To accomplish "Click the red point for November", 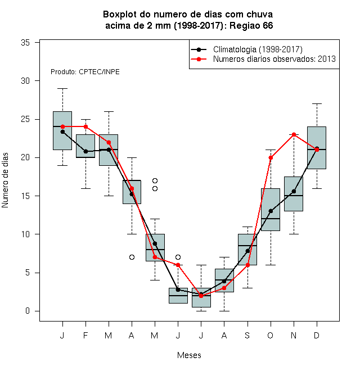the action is coord(294,135).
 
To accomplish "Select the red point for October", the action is coord(271,157).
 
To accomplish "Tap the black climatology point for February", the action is coord(85,151).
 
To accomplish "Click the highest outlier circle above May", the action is coord(155,181).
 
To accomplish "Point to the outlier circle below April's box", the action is coord(132,257).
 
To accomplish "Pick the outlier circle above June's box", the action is coord(178,257).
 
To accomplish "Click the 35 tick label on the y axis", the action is coord(25,43).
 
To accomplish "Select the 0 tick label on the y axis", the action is coord(28,311).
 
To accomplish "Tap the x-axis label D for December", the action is coord(317,336).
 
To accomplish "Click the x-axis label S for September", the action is coord(247,336).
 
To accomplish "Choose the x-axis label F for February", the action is coord(85,336).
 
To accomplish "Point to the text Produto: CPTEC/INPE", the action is coord(85,72).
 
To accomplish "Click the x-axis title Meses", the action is coord(189,355).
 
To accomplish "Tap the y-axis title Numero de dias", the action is coord(5,180).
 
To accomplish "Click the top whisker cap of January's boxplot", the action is coord(62,88).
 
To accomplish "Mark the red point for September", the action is coord(247,265).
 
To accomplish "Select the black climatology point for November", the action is coord(294,191).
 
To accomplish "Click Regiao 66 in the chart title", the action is coord(251,25).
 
